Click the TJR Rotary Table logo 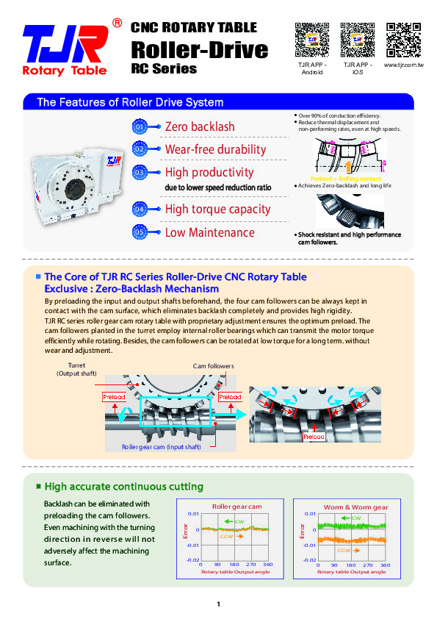pos(65,49)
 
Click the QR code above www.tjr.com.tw pos(403,40)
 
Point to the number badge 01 pos(140,127)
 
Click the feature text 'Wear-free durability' pos(215,149)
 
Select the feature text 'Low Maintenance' pos(209,232)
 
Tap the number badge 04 pos(140,210)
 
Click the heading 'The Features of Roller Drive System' pos(130,102)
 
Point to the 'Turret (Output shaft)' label pos(76,370)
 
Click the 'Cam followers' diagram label pos(213,366)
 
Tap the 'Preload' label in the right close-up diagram pos(314,437)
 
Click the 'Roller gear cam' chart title pos(236,507)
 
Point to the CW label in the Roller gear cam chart pos(239,520)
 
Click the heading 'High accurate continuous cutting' pos(123,487)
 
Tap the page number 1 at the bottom pos(218,604)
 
